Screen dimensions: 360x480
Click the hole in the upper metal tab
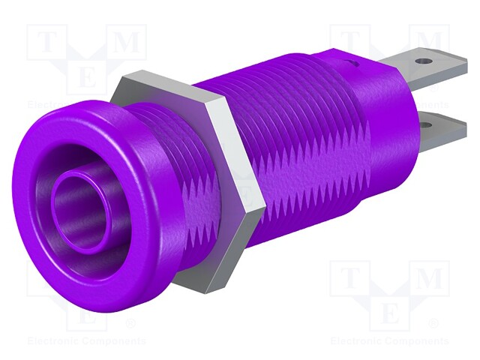click(x=427, y=58)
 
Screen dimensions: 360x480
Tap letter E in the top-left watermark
click(x=87, y=75)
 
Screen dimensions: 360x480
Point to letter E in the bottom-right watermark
click(x=390, y=310)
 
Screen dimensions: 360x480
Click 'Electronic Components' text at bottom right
click(x=390, y=340)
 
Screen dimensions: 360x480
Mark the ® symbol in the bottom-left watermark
click(x=130, y=324)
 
